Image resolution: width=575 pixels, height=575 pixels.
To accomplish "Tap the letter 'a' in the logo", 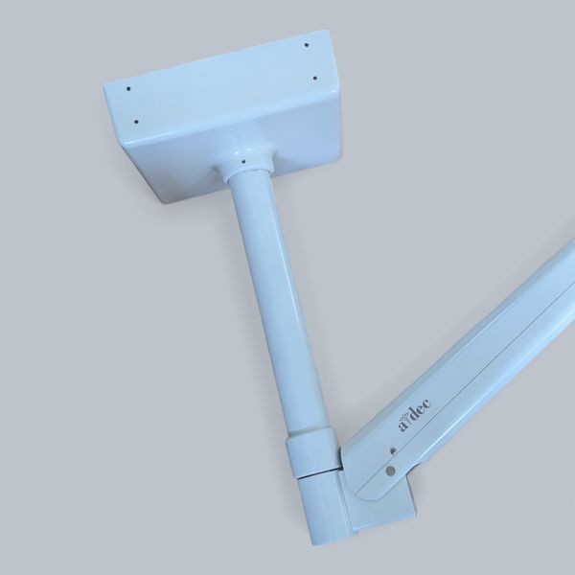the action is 403,426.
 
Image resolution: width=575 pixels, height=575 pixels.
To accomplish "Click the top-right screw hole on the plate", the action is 307,45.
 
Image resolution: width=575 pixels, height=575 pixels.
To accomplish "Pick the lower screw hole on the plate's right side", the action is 314,79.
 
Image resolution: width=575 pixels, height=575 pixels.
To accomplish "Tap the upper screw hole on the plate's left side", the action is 128,88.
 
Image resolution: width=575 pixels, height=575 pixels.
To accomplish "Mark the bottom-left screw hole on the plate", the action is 136,122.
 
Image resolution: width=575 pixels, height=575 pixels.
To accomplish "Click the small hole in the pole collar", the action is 243,160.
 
